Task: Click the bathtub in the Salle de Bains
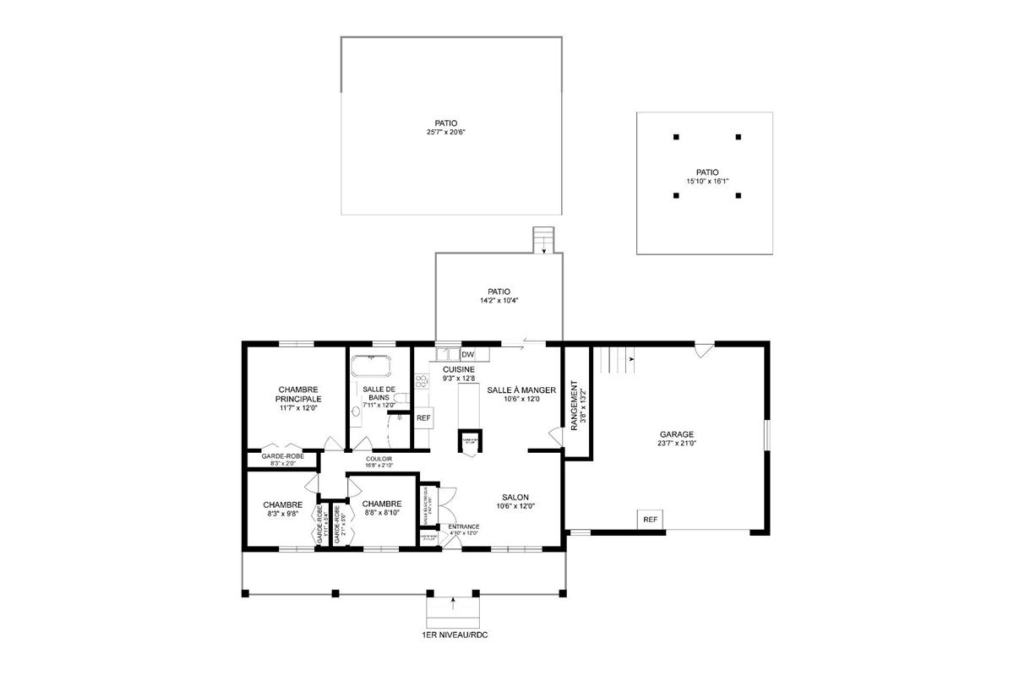(x=371, y=367)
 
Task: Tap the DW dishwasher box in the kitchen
(x=467, y=354)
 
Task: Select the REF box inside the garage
(x=650, y=519)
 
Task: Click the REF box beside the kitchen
(x=423, y=417)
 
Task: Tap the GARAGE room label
(x=677, y=434)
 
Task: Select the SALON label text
(x=515, y=498)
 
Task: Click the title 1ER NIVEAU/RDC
(x=454, y=634)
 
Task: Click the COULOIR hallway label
(x=379, y=458)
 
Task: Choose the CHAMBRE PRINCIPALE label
(x=297, y=394)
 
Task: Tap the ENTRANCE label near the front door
(x=464, y=526)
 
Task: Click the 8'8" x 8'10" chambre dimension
(x=382, y=513)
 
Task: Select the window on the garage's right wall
(x=766, y=434)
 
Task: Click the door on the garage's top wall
(x=703, y=346)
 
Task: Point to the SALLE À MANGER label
(x=521, y=390)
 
